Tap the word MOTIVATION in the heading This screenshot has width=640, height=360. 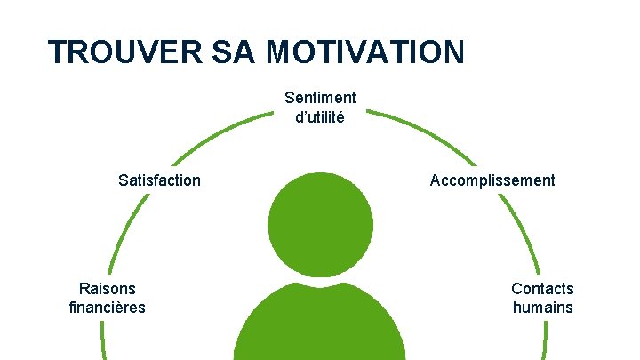coord(364,52)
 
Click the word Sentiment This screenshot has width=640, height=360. coord(320,98)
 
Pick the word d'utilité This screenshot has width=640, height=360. coord(320,116)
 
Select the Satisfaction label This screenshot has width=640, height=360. coord(159,180)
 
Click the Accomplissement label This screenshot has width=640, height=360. coord(492,180)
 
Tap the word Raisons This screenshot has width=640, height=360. coord(108,289)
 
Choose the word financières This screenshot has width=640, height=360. coord(107,308)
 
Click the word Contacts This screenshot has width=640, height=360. coord(542,289)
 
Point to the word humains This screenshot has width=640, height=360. coord(542,308)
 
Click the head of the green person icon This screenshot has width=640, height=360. coord(321,222)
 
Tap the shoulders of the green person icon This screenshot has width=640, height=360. coord(321,324)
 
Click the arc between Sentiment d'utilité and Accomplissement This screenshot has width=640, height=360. coord(418,133)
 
